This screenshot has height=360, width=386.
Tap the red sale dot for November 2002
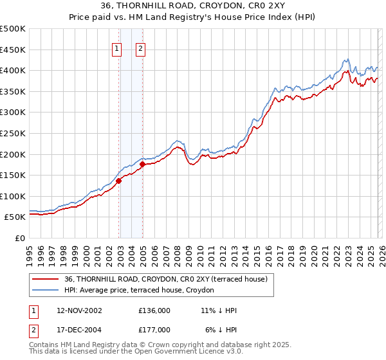(x=119, y=181)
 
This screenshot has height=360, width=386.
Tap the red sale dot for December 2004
(x=142, y=164)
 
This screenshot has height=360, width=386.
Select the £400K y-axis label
(x=14, y=71)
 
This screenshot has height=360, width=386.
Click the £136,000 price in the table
(x=154, y=310)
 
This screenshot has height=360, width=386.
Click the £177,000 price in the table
(x=154, y=329)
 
